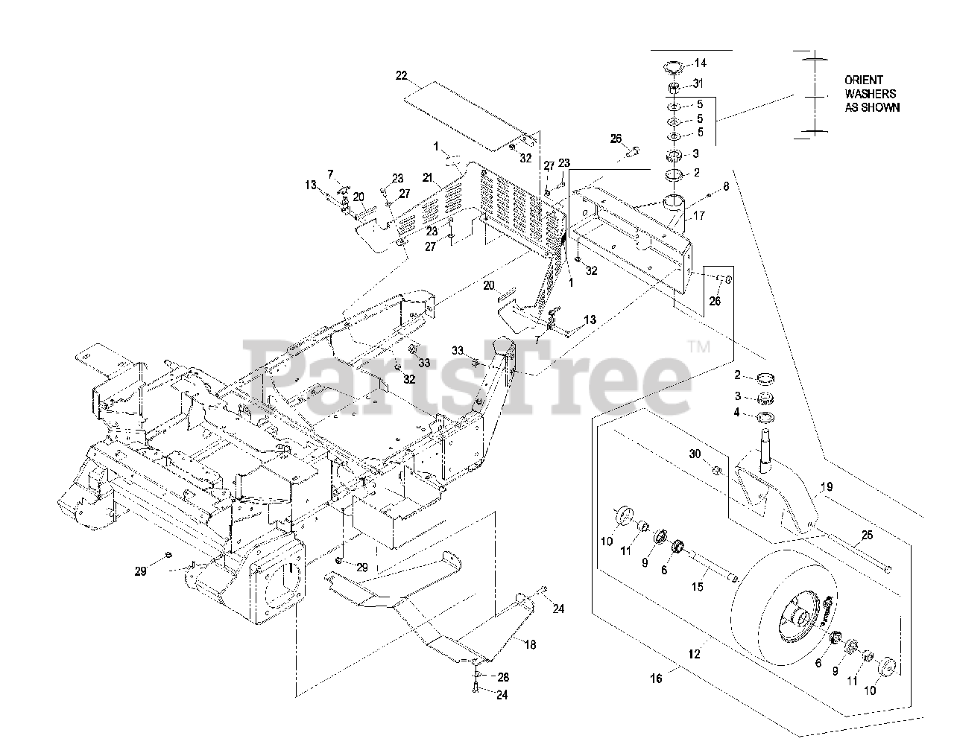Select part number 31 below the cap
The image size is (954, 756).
click(x=698, y=83)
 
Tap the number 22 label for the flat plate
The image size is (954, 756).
click(x=402, y=75)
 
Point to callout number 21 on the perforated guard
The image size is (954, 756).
click(x=427, y=177)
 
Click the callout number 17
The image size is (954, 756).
click(x=698, y=216)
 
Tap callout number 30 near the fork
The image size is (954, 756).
click(x=695, y=454)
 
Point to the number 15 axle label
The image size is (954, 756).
click(x=698, y=586)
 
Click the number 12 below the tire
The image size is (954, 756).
click(x=695, y=655)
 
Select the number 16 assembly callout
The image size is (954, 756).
click(x=655, y=678)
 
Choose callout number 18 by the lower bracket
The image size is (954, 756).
click(x=530, y=645)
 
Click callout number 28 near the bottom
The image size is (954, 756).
click(x=503, y=677)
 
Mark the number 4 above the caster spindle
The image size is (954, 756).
click(x=737, y=412)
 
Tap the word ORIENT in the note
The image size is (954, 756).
click(x=864, y=80)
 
